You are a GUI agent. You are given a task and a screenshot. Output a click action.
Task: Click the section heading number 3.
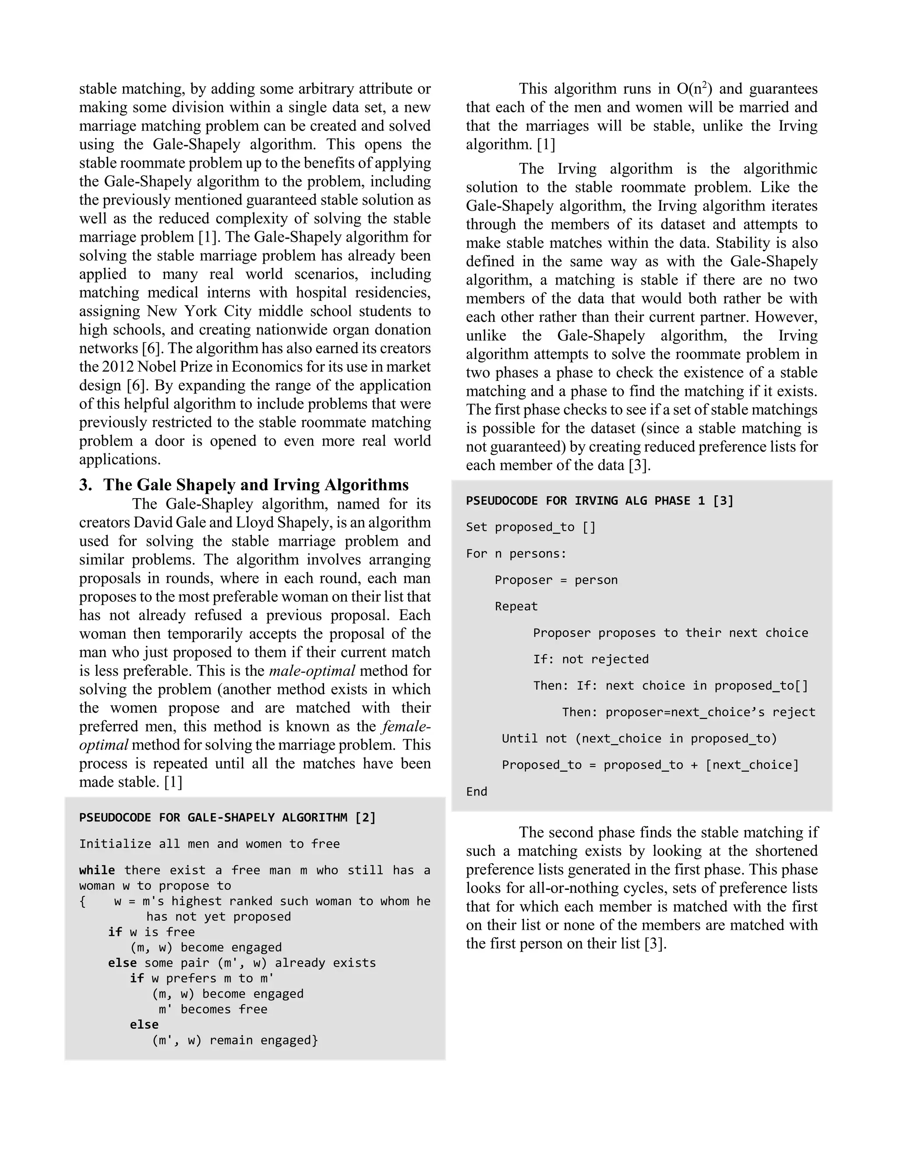(85, 485)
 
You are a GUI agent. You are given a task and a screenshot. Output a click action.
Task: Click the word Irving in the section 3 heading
(297, 485)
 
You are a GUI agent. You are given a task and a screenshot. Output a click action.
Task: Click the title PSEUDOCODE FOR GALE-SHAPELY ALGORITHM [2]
(227, 817)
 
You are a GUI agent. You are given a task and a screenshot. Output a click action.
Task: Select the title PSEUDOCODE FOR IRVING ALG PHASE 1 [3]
(600, 501)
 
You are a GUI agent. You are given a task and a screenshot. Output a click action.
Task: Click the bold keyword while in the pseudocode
(97, 870)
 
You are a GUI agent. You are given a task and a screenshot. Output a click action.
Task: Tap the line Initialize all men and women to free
(209, 844)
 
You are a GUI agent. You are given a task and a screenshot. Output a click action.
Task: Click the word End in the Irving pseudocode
(476, 792)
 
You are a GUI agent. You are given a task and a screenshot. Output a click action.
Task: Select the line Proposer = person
(556, 580)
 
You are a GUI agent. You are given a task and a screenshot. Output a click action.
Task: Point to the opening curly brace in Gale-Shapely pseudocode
(82, 901)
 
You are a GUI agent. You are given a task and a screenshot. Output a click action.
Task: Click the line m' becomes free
(212, 1009)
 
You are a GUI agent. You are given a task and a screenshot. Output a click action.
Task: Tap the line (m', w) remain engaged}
(235, 1040)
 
